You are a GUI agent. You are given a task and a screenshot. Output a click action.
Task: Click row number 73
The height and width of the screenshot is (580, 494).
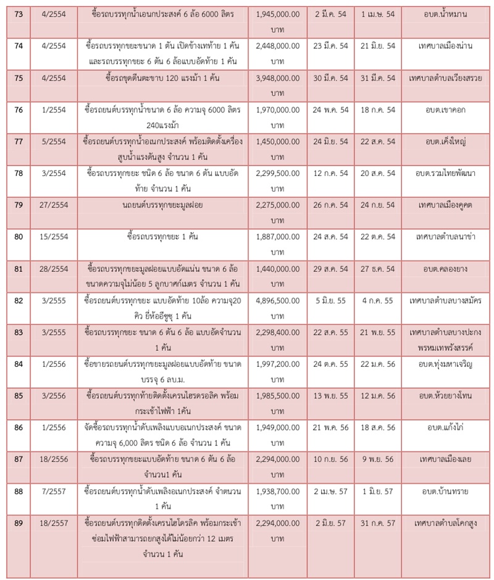[x=19, y=13]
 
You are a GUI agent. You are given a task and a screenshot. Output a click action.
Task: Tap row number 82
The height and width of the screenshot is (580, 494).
[x=19, y=300]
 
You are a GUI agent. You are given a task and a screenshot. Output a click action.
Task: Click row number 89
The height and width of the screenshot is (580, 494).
[x=19, y=523]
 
